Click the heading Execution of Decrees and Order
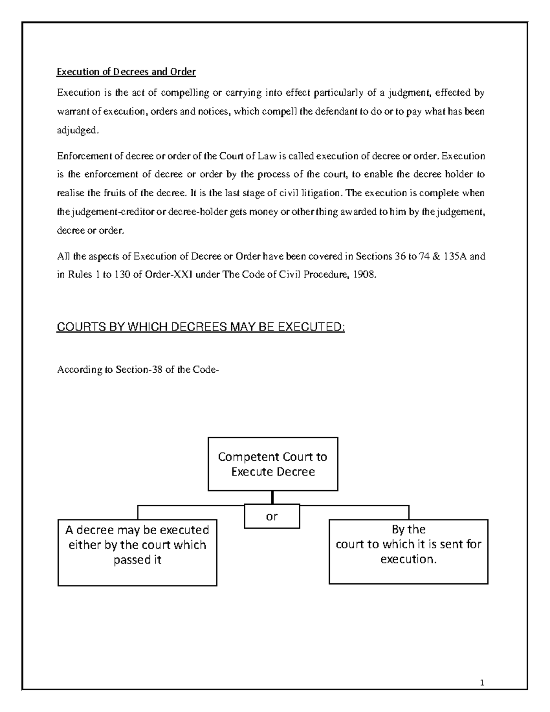(x=126, y=72)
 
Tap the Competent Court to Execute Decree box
(x=273, y=464)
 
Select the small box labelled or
(x=272, y=517)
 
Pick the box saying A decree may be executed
(x=137, y=552)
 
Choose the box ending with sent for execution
(x=408, y=551)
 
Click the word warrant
(x=71, y=111)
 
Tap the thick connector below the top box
(x=272, y=497)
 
